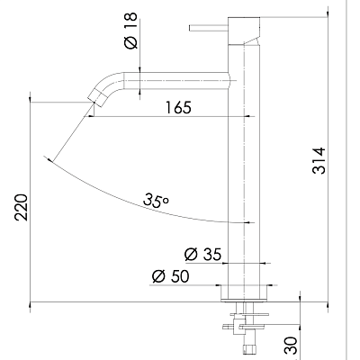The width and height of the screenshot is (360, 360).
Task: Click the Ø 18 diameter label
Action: point(130,31)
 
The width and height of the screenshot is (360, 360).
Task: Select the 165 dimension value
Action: point(178,108)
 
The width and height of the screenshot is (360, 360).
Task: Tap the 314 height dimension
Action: point(319,160)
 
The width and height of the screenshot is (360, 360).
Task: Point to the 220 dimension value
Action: point(22,208)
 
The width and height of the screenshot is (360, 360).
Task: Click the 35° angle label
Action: point(156,200)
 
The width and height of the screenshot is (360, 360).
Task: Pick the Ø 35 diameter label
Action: point(202,255)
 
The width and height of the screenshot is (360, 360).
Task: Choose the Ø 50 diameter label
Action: point(170,276)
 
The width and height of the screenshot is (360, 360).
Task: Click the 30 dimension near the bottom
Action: point(290,346)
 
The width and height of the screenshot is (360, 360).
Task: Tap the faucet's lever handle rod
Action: point(209,28)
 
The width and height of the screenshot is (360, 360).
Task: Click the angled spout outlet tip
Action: point(98,97)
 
